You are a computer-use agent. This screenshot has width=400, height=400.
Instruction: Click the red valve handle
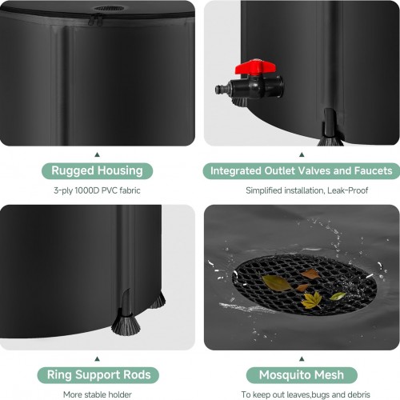click(x=254, y=67)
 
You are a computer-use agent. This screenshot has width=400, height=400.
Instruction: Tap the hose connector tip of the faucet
click(x=219, y=89)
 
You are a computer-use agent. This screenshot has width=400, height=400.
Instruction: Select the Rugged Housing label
click(x=97, y=170)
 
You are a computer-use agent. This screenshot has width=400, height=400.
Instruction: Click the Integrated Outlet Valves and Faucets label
click(x=302, y=170)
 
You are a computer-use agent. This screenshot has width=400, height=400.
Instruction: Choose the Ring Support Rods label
click(x=98, y=375)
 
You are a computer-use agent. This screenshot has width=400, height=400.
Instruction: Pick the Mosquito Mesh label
click(x=302, y=375)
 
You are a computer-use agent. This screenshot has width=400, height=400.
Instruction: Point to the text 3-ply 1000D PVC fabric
click(x=97, y=190)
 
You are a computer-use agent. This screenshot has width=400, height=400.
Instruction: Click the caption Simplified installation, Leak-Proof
click(x=307, y=190)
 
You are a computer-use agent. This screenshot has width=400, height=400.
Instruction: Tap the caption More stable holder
click(x=98, y=394)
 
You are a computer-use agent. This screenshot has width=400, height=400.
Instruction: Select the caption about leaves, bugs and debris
click(x=306, y=394)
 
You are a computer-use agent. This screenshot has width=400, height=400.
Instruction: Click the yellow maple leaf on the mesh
click(x=311, y=301)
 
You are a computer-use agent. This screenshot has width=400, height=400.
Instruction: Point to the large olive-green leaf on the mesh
click(x=276, y=283)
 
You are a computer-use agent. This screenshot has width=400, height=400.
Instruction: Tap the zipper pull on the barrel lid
click(x=95, y=20)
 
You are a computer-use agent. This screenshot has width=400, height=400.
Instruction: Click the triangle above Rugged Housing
click(x=98, y=154)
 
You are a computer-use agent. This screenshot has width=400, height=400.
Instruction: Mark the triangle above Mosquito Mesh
click(x=302, y=359)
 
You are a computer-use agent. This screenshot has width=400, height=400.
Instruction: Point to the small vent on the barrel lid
click(x=109, y=8)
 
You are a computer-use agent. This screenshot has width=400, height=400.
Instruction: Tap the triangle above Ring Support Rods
click(x=98, y=359)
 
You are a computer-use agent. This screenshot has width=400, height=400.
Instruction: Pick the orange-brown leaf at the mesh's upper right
click(x=310, y=274)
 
